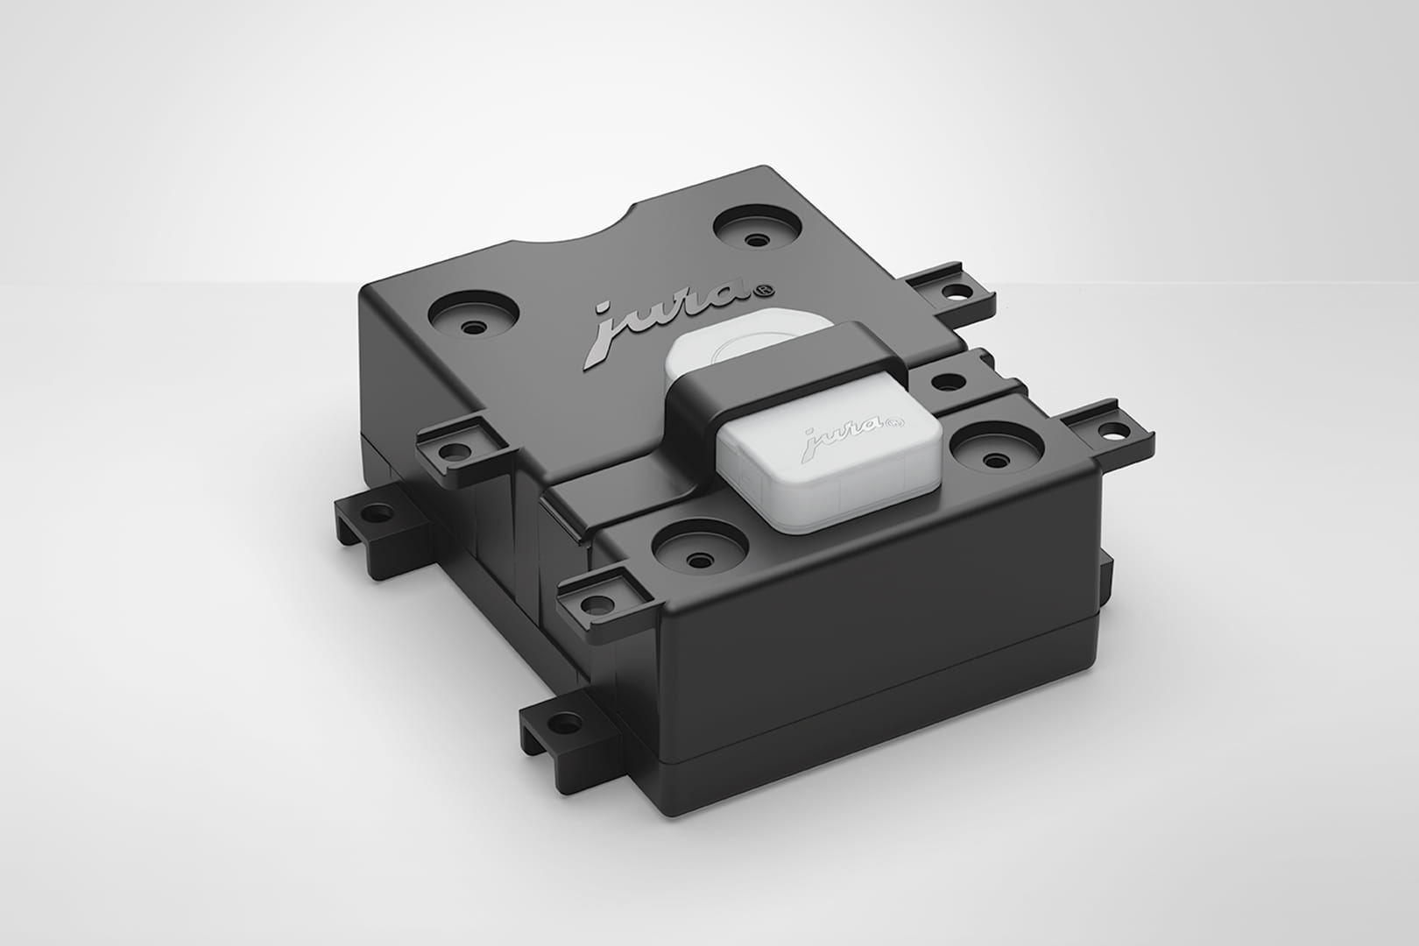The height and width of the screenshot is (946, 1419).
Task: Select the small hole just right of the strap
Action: tap(947, 383)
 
